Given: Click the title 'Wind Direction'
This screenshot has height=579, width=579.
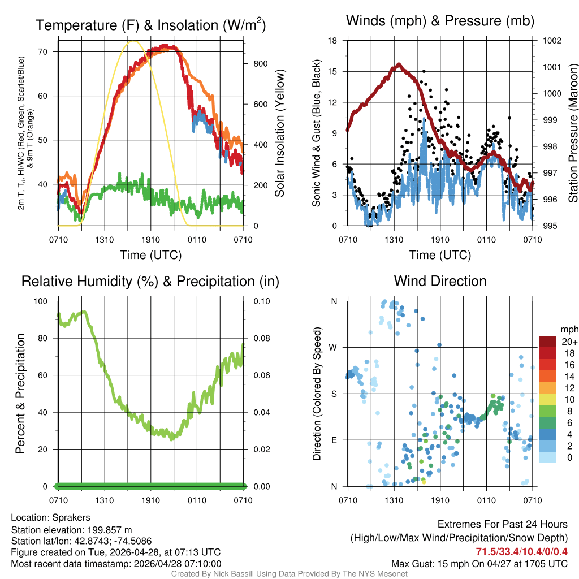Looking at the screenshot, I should [x=440, y=281].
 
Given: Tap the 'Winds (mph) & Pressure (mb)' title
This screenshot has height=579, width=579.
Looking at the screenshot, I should [x=440, y=21].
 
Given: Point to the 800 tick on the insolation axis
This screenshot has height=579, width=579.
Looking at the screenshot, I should [x=260, y=63].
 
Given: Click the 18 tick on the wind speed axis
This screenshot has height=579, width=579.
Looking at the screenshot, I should [x=332, y=41].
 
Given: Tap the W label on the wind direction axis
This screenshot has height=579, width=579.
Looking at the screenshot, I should [x=334, y=347].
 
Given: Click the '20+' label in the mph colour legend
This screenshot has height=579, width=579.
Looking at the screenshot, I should [x=569, y=342].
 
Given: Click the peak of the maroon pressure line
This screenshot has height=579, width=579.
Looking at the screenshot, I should [x=399, y=64].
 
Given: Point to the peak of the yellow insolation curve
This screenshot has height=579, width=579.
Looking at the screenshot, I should [x=133, y=41].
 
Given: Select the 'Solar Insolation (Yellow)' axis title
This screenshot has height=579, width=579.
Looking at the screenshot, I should [x=279, y=133].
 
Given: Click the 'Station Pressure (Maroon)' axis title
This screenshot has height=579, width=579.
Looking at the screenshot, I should [x=572, y=133].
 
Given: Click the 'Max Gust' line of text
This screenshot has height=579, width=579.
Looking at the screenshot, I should [x=479, y=564].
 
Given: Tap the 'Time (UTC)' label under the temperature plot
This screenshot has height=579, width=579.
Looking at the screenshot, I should [x=150, y=255].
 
